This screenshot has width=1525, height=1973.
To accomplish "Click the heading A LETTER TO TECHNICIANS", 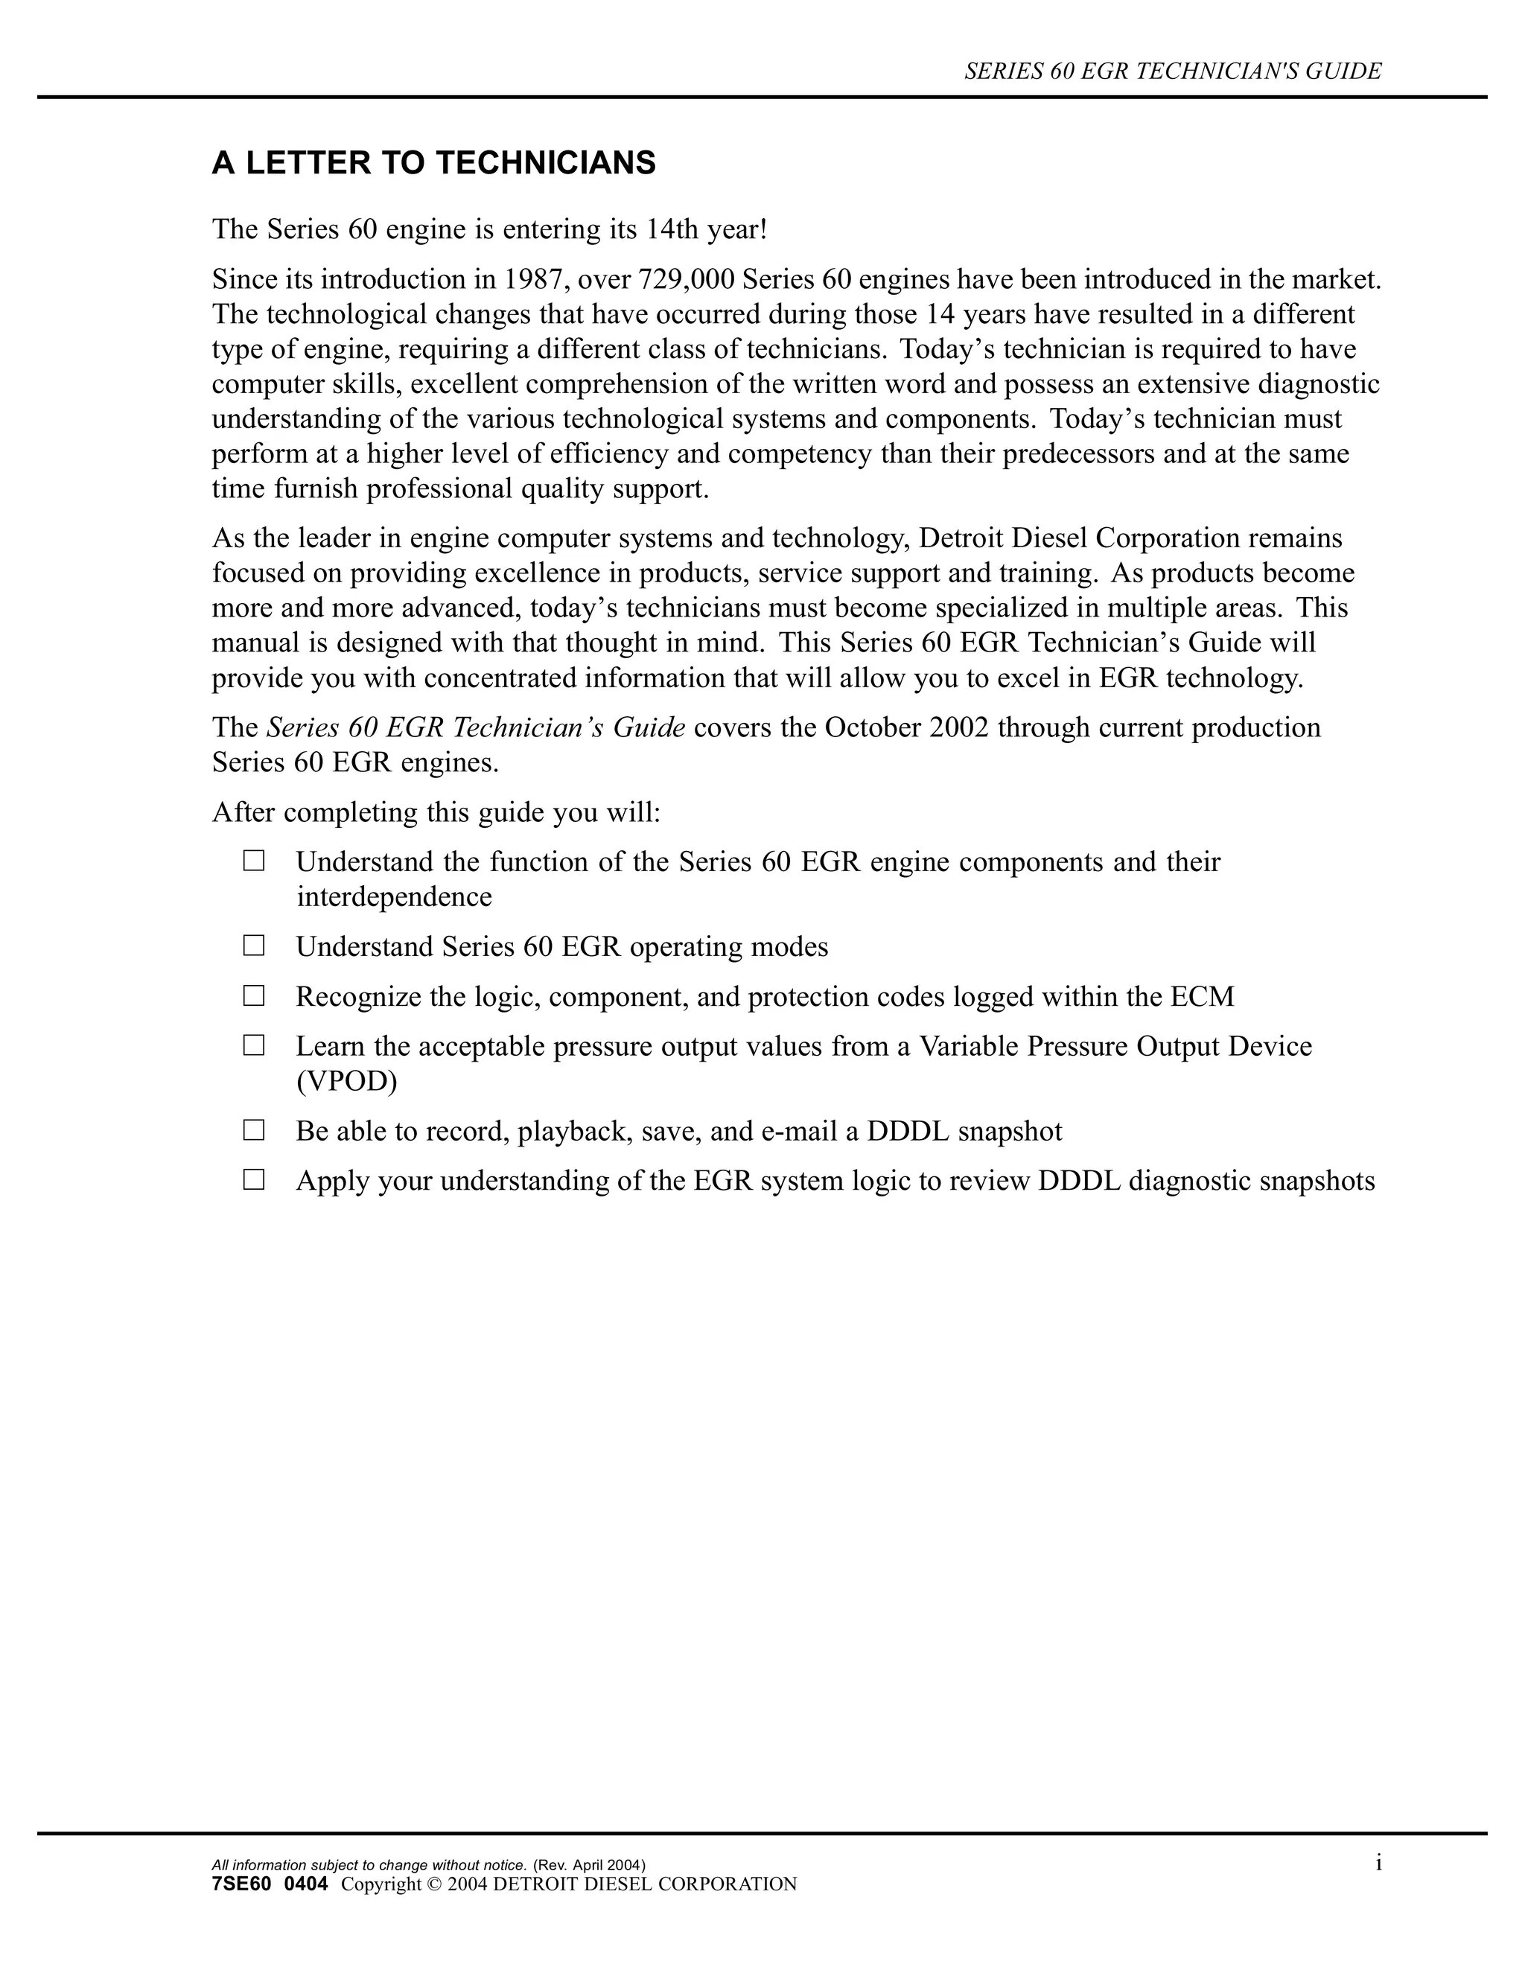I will pos(433,164).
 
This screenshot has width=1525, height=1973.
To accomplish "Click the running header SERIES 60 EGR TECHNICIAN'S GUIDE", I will pos(1173,71).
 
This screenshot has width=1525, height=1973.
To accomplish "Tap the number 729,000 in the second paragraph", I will pos(686,279).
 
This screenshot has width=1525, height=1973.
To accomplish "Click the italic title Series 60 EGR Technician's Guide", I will pos(475,727).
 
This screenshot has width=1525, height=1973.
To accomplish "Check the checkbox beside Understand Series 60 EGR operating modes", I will pos(254,946).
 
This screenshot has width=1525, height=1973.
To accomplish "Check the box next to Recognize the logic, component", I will pos(254,995).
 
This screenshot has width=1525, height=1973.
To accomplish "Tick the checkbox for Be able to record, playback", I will pos(254,1130).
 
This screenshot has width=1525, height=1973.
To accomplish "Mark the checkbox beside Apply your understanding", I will pos(254,1180).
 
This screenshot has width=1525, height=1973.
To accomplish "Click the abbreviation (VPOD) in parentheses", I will pos(347,1081).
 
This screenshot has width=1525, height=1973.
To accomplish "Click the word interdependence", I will pos(394,897).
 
